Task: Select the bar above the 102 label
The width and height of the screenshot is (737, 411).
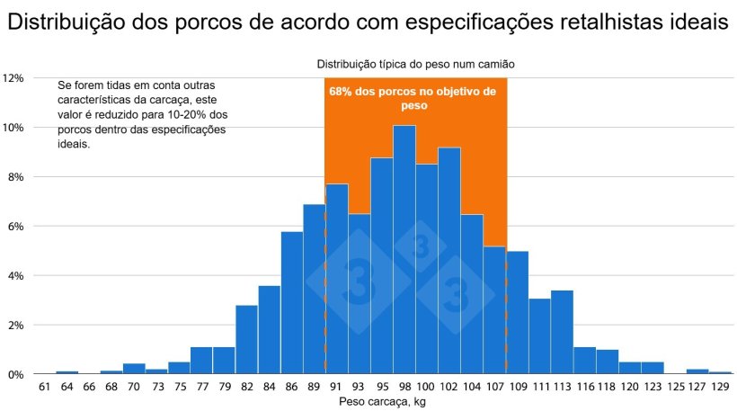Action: pyautogui.click(x=449, y=261)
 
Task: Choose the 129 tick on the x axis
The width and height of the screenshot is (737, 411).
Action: pyautogui.click(x=720, y=387)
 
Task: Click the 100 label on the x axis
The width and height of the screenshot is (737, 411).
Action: pyautogui.click(x=427, y=387)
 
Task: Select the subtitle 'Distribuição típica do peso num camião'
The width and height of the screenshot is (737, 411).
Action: pyautogui.click(x=414, y=64)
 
